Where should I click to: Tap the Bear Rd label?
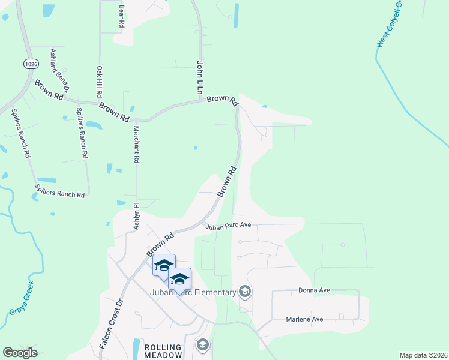(x=121, y=16)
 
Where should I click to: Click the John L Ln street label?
(x=200, y=77)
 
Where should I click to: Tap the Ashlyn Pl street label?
(x=136, y=217)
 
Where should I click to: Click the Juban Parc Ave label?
(x=228, y=226)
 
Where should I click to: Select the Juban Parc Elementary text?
(x=193, y=293)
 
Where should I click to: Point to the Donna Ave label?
(x=315, y=290)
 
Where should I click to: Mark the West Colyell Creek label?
(x=389, y=25)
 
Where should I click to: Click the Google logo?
(x=20, y=353)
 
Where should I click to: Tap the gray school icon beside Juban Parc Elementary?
(x=244, y=292)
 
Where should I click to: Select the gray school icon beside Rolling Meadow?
(x=203, y=345)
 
